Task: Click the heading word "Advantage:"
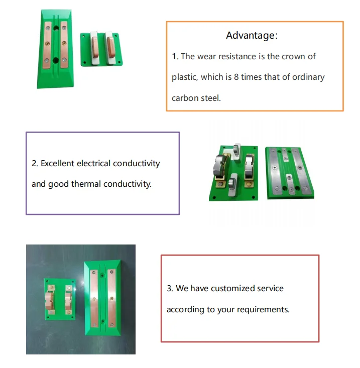(252, 36)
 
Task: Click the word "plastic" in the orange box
(184, 77)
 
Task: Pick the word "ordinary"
(306, 77)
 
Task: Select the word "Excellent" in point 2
(57, 163)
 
